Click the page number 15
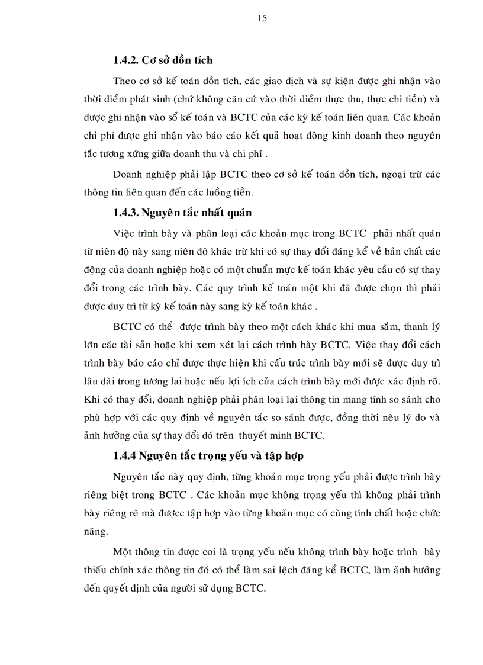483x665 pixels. tap(263, 18)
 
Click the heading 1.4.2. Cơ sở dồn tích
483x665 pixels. tap(163, 60)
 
